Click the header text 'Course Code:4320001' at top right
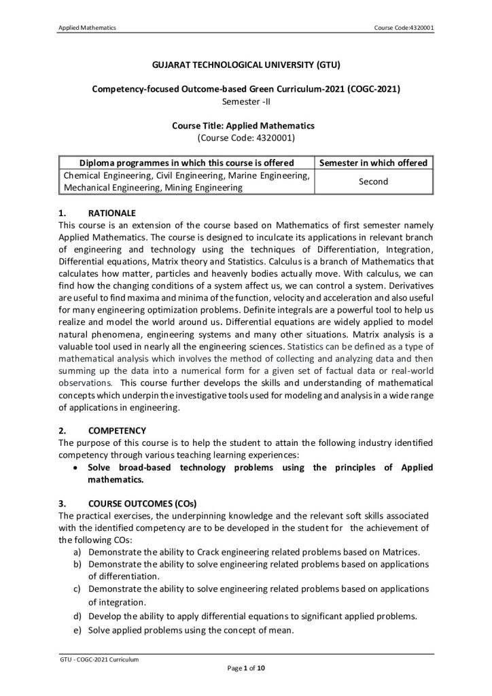tap(404, 27)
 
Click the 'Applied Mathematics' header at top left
tap(88, 27)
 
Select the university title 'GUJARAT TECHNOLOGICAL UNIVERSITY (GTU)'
tap(245, 66)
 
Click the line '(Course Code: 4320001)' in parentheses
tap(245, 137)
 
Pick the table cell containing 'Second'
tap(373, 182)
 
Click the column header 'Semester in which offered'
tap(373, 163)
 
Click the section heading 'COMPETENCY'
tap(117, 430)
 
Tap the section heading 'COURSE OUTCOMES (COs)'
tap(142, 504)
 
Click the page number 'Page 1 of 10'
tap(245, 669)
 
